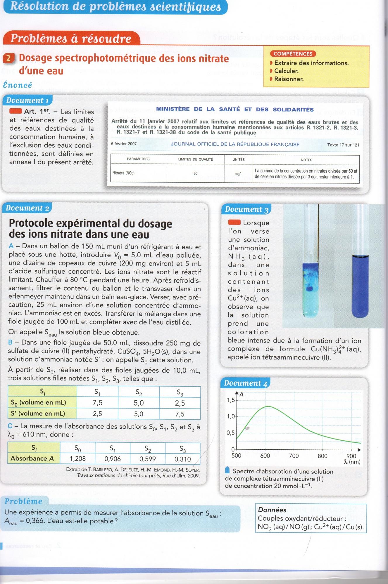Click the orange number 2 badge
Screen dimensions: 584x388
(x=8, y=58)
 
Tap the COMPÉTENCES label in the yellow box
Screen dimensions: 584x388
(x=293, y=54)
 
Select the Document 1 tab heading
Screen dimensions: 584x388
(x=27, y=100)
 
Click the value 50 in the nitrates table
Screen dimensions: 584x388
(x=195, y=173)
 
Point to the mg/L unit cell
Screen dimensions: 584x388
(x=238, y=174)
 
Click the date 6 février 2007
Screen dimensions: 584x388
(x=124, y=144)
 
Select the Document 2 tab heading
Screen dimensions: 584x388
(x=27, y=208)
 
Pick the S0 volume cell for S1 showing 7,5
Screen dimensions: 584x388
(x=97, y=403)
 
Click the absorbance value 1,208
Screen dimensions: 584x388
(x=77, y=459)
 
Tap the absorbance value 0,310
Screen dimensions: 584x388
(x=182, y=459)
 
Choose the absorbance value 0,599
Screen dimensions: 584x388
(x=147, y=459)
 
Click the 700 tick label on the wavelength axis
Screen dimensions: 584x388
(x=294, y=456)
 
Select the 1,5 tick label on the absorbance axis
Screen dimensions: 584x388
(x=231, y=400)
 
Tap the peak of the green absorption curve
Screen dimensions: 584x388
(x=268, y=406)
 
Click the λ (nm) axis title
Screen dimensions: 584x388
(x=352, y=462)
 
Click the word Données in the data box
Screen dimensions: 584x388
(x=272, y=510)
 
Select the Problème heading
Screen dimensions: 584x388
(x=23, y=501)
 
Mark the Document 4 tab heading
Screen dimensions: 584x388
(x=246, y=383)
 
